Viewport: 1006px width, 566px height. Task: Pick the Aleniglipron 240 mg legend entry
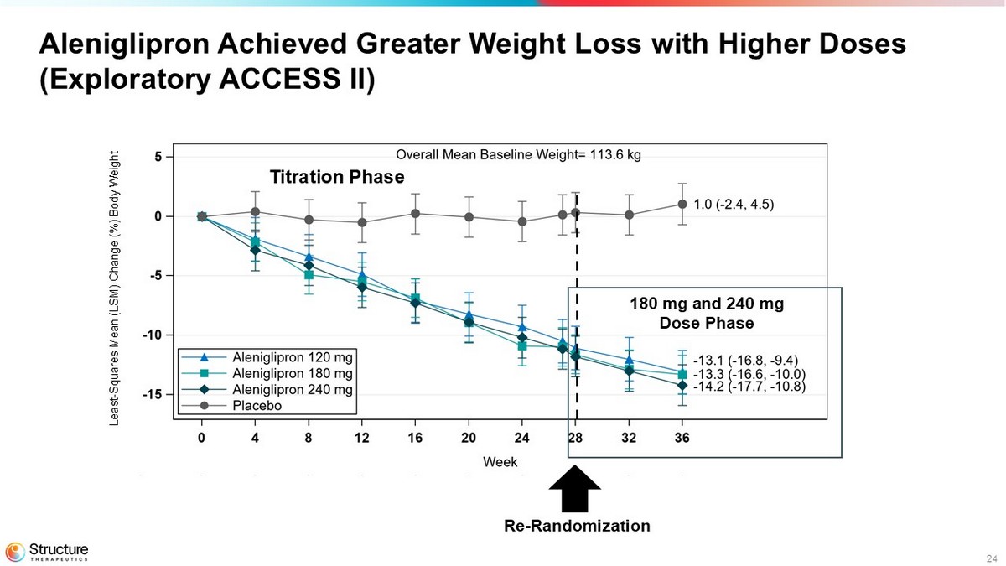[268, 390]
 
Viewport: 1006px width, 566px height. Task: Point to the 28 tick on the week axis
[575, 439]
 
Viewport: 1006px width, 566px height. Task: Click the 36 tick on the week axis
[682, 439]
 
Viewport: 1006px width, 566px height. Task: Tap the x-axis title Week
[500, 462]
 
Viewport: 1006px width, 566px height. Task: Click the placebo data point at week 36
[682, 204]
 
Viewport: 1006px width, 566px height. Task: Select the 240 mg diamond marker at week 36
[682, 386]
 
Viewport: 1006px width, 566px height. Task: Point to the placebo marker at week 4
[255, 211]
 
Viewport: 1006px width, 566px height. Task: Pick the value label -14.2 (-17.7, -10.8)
[750, 387]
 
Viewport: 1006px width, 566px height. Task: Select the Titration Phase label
[336, 177]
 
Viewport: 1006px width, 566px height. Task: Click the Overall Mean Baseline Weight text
[518, 154]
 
